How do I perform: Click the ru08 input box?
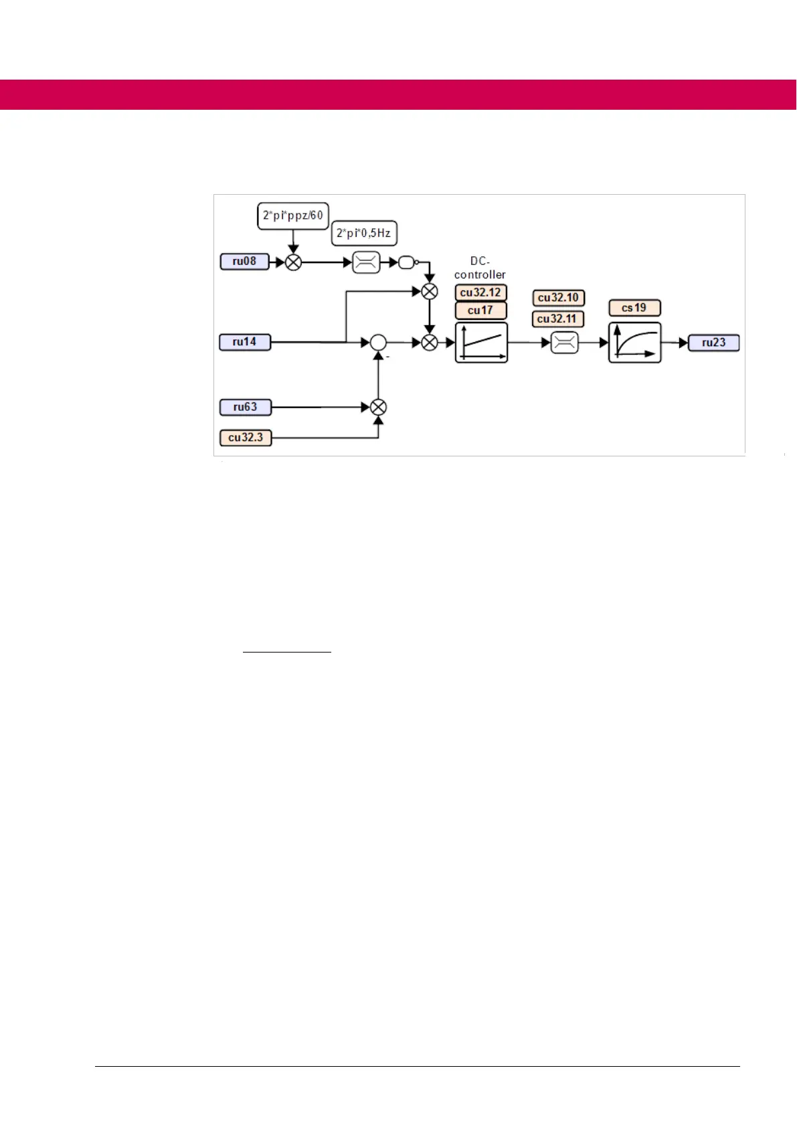[x=244, y=262]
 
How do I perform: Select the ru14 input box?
[x=245, y=342]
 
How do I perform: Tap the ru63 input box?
[x=246, y=407]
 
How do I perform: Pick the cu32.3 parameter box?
[x=246, y=438]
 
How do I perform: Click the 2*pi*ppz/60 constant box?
[x=293, y=215]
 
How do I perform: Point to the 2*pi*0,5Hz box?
[x=364, y=233]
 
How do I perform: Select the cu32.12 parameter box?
[x=480, y=292]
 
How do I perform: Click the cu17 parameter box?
[x=480, y=311]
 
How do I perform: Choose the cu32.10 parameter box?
[x=558, y=298]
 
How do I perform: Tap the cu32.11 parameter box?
[x=557, y=319]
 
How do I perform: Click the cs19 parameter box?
[x=634, y=308]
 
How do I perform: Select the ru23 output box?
[x=714, y=343]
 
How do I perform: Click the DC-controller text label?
[x=480, y=268]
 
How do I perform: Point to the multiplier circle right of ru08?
[x=293, y=263]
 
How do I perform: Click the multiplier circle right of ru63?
[x=378, y=407]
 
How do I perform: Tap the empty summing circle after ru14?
[x=378, y=343]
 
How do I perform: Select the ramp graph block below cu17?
[x=481, y=343]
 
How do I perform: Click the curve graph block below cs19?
[x=634, y=343]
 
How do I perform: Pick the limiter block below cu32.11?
[x=564, y=343]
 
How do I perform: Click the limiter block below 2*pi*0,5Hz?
[x=366, y=263]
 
